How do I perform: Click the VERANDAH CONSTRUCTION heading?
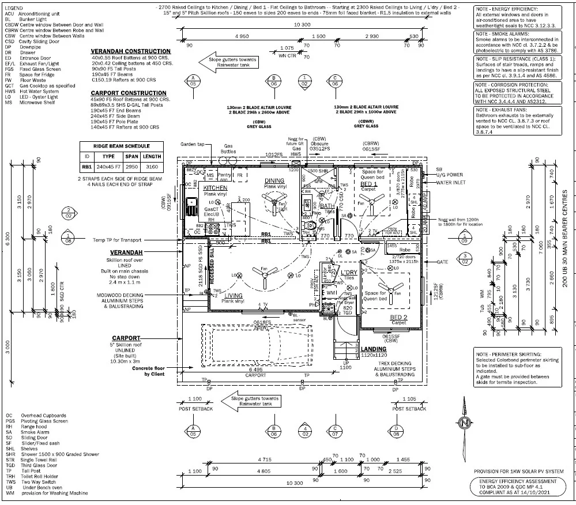(130, 51)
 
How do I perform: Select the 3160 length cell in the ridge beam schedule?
(152, 167)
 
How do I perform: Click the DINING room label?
(274, 180)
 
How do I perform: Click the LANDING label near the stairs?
(374, 349)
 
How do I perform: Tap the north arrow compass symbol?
(465, 423)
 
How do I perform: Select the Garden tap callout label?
(193, 144)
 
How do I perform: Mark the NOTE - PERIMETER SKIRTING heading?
(509, 353)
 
